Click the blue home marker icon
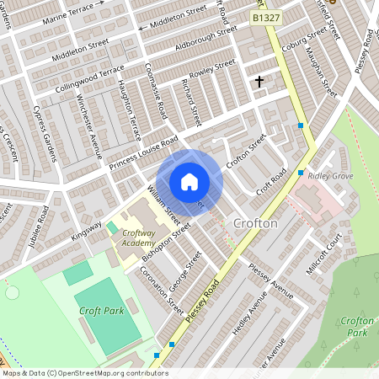[189, 181]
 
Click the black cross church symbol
[259, 82]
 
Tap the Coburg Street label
[304, 40]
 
